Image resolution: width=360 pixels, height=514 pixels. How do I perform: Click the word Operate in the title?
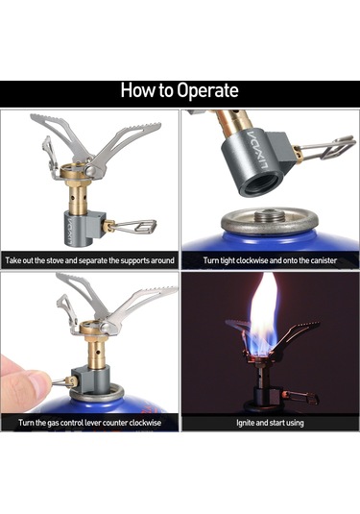207,90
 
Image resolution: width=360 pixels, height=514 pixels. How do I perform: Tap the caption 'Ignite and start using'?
270,423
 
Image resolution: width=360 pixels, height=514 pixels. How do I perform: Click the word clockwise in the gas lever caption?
145,423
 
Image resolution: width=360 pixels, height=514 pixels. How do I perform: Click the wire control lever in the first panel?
134,226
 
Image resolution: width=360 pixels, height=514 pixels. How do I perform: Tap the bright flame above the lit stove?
264,315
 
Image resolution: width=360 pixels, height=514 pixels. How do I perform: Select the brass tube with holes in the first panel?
78,198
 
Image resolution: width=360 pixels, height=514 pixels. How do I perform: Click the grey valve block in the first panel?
84,229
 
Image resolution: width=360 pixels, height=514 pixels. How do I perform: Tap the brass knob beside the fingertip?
72,381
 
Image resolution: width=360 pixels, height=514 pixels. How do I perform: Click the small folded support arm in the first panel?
50,158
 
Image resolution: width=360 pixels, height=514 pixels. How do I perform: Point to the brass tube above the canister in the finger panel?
96,353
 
